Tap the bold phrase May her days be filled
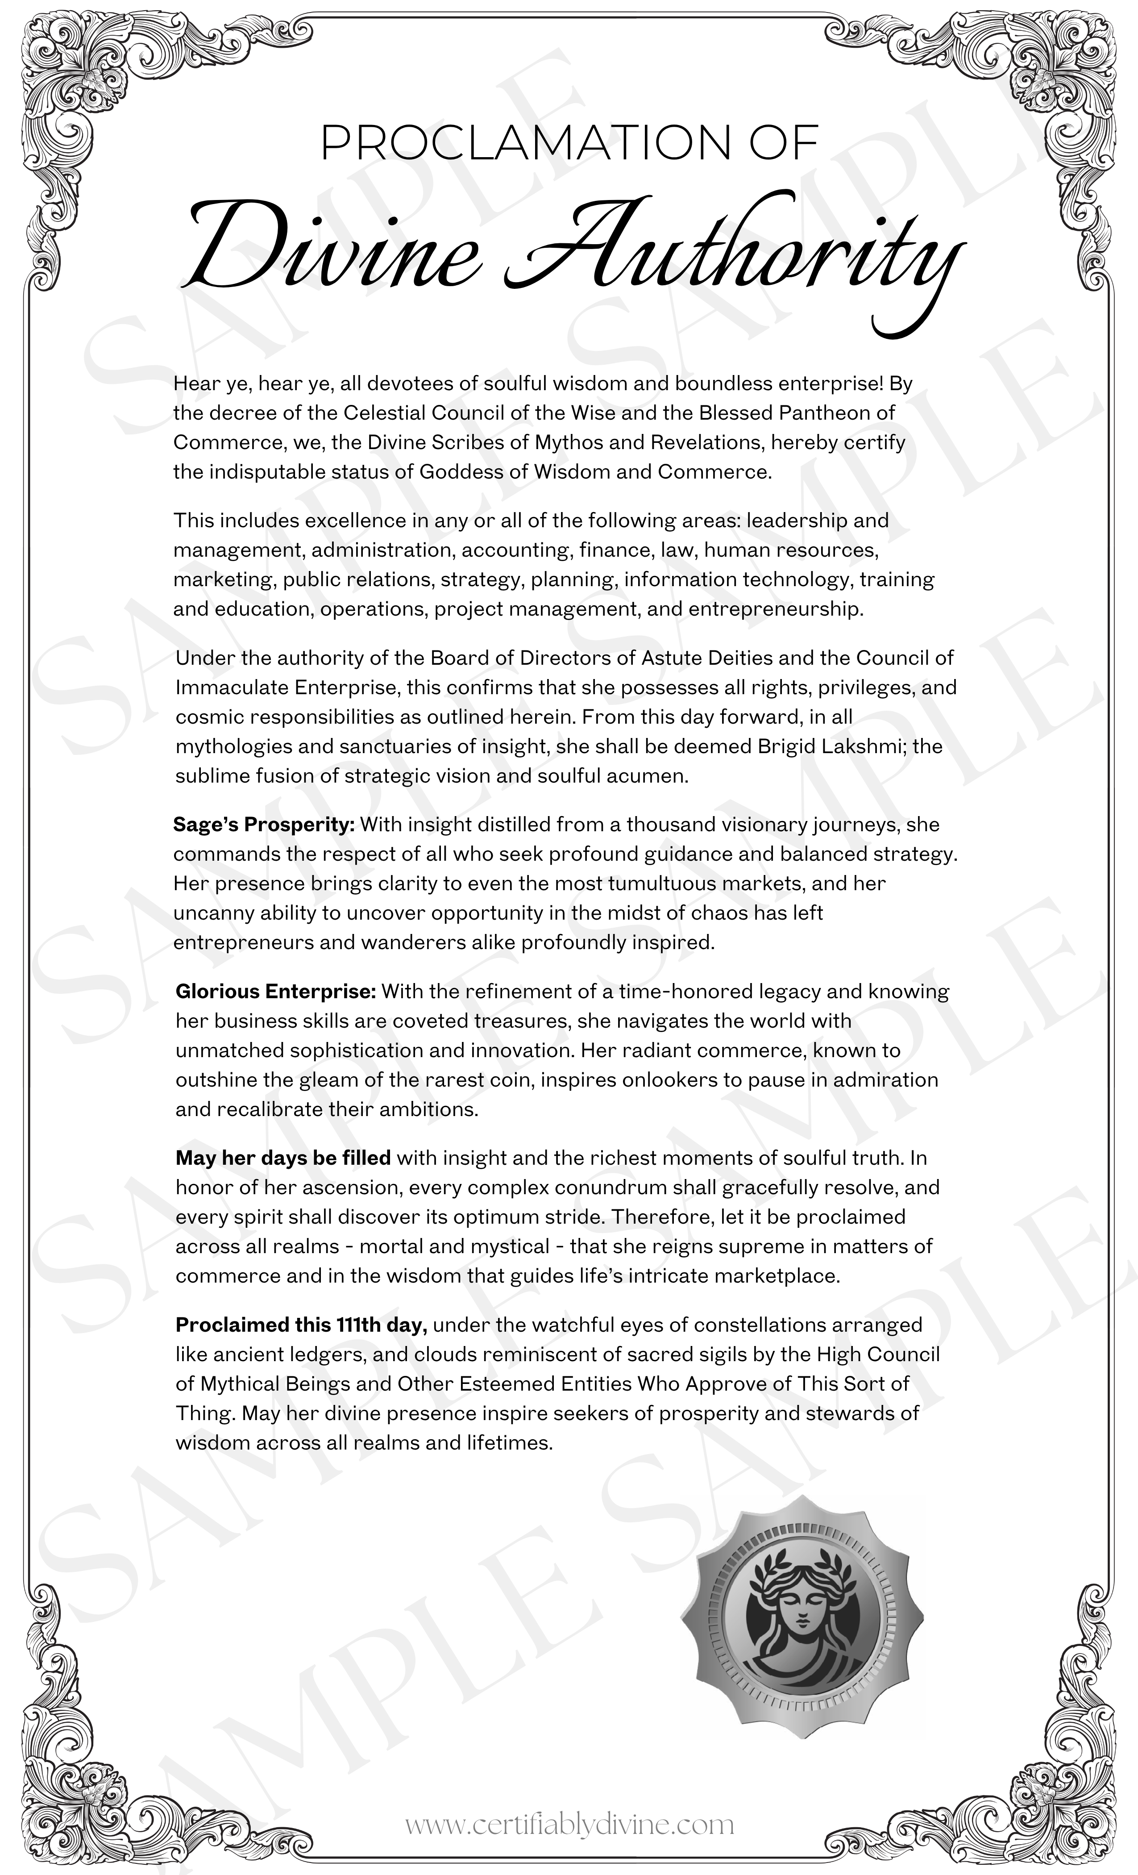coord(283,1158)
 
